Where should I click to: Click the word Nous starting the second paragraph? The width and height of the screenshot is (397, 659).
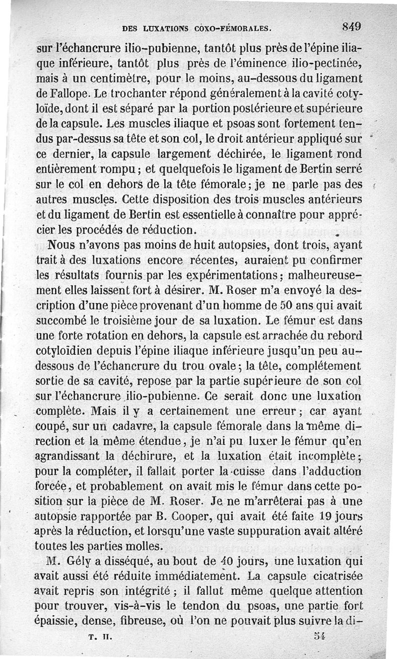click(x=61, y=245)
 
